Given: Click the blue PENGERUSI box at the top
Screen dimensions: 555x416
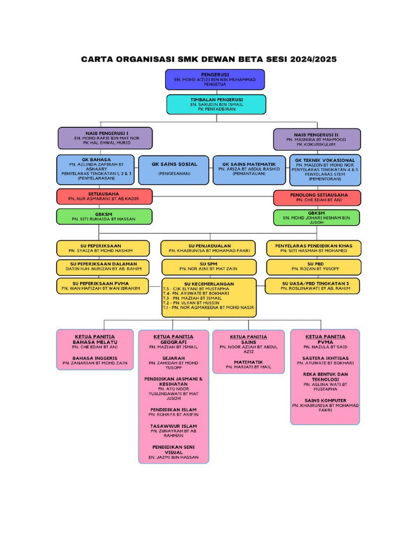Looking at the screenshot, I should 215,79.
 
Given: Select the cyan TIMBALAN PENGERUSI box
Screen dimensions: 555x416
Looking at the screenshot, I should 216,104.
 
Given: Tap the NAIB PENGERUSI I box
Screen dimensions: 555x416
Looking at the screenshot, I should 105,138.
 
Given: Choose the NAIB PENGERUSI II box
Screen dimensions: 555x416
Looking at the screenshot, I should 317,139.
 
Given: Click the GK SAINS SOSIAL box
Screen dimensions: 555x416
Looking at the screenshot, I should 174,169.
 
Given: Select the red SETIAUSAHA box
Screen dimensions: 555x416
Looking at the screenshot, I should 104,196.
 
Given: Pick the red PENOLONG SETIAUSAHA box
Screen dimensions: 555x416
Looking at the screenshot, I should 317,197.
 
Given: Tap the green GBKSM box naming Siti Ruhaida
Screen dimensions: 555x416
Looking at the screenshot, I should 104,217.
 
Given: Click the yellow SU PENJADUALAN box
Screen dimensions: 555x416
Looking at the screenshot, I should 208,248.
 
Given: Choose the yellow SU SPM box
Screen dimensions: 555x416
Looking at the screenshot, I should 208,266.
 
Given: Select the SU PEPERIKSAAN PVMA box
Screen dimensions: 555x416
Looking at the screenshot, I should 104,286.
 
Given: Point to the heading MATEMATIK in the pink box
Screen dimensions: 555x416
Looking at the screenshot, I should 249,362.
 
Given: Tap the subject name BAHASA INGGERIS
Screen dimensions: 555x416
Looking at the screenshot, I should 95,358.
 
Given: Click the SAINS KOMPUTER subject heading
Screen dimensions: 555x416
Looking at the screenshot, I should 325,401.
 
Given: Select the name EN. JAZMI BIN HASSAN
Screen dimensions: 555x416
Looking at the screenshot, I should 173,457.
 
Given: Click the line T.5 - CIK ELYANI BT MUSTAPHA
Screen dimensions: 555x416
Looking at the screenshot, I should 196,289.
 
